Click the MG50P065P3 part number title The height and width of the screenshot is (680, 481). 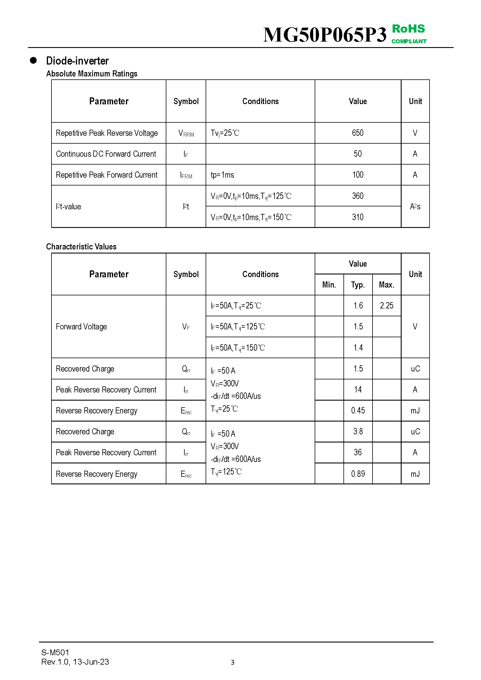325,35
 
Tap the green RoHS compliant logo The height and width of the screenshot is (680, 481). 409,34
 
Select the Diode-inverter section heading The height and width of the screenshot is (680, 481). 77,61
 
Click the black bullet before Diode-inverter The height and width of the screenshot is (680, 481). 33,60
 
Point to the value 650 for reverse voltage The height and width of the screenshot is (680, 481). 357,133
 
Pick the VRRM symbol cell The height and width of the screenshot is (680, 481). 186,133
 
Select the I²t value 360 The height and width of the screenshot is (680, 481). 357,196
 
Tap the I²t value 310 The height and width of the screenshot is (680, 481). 357,217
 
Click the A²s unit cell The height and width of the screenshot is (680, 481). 415,206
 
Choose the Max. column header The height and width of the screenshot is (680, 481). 386,285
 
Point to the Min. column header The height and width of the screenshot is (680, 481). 329,285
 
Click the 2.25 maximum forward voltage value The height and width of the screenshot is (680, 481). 386,305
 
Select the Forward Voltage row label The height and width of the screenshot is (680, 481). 81,326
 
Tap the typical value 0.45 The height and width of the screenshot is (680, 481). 358,410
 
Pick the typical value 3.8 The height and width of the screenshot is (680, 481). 358,431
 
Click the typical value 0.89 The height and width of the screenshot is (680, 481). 358,474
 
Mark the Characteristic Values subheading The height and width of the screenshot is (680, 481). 81,247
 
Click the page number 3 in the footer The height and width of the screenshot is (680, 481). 233,662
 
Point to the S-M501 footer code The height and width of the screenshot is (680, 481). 55,652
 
